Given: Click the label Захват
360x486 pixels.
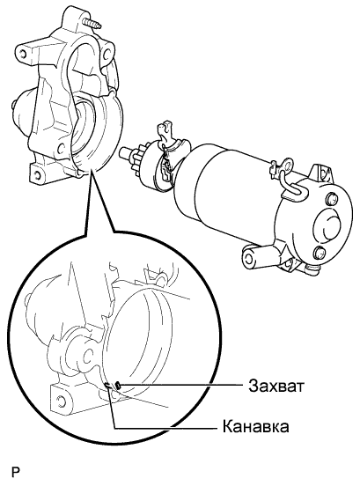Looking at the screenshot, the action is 276,387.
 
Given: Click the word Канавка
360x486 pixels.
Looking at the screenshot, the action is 256,426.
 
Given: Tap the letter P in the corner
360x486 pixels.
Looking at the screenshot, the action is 15,472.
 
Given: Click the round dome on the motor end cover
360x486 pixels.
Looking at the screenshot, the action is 328,224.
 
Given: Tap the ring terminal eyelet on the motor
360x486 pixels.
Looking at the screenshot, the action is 286,166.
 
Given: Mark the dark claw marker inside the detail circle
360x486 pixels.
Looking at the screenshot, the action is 118,385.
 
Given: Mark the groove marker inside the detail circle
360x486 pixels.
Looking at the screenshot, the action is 108,386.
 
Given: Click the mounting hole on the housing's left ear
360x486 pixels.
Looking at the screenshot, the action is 23,54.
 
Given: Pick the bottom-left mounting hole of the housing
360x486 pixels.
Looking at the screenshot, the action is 36,175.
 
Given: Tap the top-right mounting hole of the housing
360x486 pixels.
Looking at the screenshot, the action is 107,54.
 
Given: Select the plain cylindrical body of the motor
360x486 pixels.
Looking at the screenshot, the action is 223,192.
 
